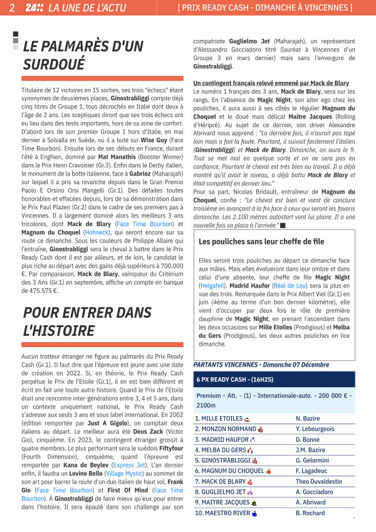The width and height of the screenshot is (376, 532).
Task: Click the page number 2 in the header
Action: (12, 8)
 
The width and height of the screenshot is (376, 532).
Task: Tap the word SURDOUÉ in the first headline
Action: (54, 65)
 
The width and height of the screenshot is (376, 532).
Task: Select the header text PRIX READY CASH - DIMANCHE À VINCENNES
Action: (265, 8)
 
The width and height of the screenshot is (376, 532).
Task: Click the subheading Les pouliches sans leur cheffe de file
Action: (261, 241)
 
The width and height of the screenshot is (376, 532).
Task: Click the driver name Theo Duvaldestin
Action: (319, 482)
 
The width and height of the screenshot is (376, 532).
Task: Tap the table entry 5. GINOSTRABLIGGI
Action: (222, 461)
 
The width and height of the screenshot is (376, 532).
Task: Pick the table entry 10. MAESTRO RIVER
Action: (222, 513)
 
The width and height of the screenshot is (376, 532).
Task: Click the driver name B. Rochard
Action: (310, 513)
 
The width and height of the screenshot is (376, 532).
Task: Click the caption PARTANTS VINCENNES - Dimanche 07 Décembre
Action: (261, 365)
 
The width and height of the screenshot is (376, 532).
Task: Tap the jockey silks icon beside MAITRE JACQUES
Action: (254, 503)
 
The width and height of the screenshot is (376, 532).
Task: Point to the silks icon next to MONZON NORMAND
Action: (260, 429)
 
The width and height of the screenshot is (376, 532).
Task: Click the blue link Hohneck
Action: (96, 232)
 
